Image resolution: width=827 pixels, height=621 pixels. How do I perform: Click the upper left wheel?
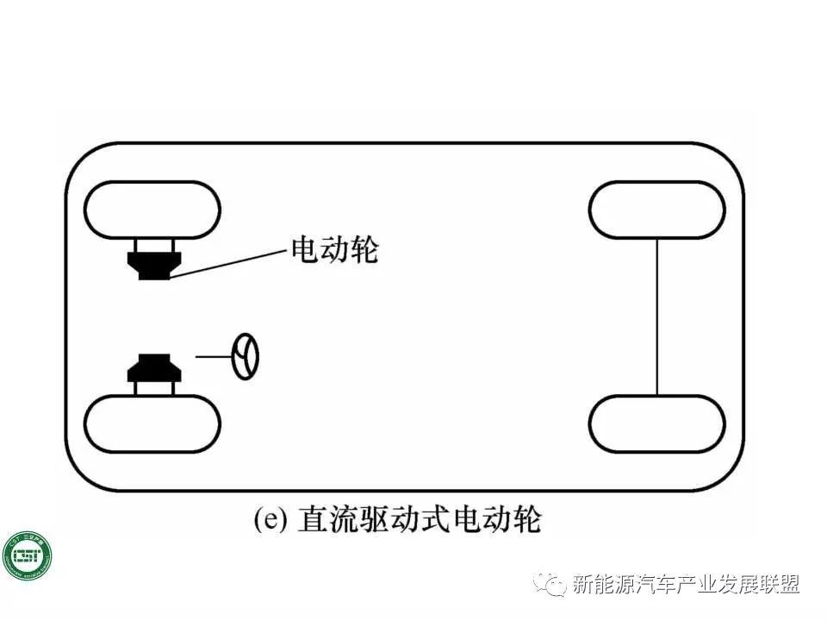[152, 210]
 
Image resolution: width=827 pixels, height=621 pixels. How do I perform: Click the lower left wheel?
[152, 423]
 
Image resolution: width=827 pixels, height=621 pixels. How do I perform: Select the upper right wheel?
[656, 210]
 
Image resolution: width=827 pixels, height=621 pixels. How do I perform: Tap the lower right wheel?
[656, 423]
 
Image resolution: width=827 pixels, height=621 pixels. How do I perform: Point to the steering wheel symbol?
[246, 356]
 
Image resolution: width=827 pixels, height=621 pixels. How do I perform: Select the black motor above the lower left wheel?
[153, 368]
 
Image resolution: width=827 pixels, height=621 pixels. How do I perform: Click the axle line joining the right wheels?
[657, 317]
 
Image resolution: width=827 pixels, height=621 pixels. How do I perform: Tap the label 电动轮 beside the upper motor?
[335, 250]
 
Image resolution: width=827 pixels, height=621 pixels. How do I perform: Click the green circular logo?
[27, 555]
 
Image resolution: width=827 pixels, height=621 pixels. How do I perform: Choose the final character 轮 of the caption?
[527, 521]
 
